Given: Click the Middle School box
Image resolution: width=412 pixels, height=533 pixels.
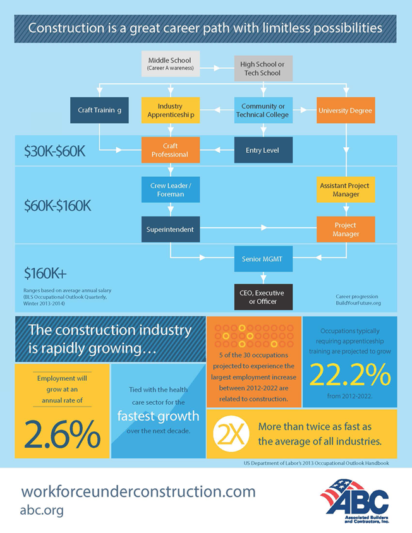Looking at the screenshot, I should (170, 64).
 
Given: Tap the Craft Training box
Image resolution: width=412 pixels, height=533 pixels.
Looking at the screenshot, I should (99, 110).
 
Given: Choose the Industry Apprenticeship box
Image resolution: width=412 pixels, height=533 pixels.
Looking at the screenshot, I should (170, 110).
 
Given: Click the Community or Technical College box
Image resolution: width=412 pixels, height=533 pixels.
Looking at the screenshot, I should (264, 110).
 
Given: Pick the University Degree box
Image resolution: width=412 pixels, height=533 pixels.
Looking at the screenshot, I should (345, 110).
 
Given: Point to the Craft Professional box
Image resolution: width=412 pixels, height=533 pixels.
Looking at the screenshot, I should (170, 150).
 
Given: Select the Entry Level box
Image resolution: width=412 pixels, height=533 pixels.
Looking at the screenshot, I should (264, 150).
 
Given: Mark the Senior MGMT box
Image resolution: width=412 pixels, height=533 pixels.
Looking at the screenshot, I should (264, 259).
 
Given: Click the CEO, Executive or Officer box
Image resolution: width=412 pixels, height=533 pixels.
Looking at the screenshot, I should (264, 297).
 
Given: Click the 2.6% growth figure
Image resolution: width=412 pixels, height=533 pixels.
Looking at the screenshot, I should (63, 434).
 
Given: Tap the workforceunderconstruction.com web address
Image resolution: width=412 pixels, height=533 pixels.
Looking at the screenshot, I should (138, 491).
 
